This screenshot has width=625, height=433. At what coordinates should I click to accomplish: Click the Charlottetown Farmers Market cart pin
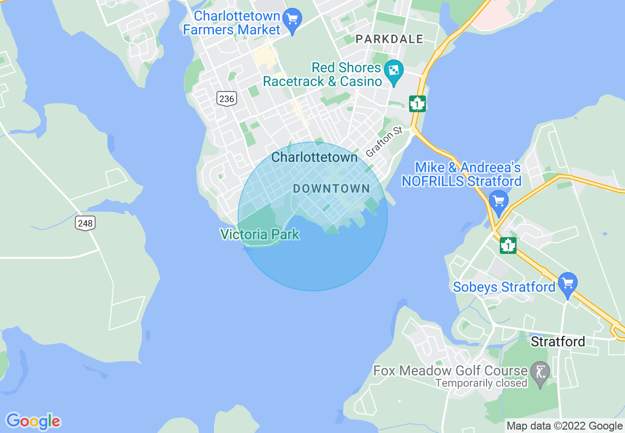pos(292,19)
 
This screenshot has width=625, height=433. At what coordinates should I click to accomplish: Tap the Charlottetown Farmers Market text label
pos(232,23)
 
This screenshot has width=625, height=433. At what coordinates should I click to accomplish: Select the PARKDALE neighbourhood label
pos(389,39)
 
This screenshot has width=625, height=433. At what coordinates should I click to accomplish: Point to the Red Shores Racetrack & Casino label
pos(323,74)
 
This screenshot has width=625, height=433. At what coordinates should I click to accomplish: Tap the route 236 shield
pos(226,98)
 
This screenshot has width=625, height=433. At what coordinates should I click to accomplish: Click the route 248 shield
pos(85,223)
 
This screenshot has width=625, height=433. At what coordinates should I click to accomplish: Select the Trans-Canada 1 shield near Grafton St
pos(417,104)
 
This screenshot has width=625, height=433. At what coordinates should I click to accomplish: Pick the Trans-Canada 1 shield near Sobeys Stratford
pos(508,245)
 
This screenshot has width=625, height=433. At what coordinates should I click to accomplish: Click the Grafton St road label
pos(384,142)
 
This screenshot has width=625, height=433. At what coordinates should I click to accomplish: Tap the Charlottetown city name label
pos(314,157)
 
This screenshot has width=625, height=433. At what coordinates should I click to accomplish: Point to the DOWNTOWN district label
pos(331,188)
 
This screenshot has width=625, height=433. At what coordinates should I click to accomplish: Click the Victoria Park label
pos(260,234)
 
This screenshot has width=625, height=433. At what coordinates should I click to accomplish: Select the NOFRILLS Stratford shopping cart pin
pos(499,201)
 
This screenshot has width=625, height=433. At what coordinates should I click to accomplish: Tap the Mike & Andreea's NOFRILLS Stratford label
pos(461,175)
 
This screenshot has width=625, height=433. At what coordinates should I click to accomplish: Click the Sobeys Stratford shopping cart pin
pos(568,283)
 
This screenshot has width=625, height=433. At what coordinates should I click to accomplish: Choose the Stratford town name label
pos(557,341)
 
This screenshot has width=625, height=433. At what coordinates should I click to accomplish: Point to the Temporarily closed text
pos(481,383)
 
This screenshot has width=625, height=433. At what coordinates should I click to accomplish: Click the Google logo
pos(33,421)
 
